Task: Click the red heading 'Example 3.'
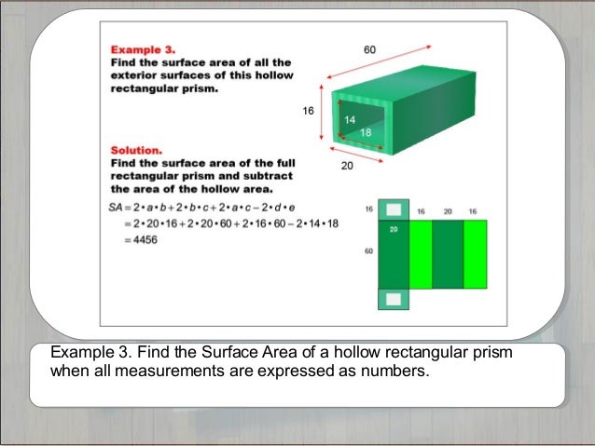pyautogui.click(x=138, y=47)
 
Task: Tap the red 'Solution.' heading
pyautogui.click(x=137, y=149)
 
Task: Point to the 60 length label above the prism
pyautogui.click(x=370, y=47)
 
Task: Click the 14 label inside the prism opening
pyautogui.click(x=350, y=120)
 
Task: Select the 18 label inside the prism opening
pyautogui.click(x=365, y=133)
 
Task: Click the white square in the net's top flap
pyautogui.click(x=394, y=209)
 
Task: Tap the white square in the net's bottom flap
pyautogui.click(x=394, y=299)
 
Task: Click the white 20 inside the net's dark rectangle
pyautogui.click(x=393, y=228)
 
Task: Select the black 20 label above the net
pyautogui.click(x=448, y=211)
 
